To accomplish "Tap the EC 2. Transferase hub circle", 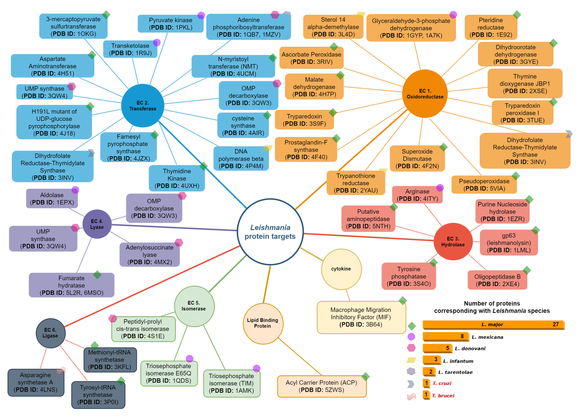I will coord(142,106).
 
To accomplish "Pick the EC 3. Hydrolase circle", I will coord(453,242).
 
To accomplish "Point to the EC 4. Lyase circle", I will coord(97,224).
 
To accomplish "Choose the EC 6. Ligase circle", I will coord(51,333).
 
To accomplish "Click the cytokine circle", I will coord(341,269).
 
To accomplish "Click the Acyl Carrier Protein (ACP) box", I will coord(321,386).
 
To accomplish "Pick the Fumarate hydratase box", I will coord(71,285).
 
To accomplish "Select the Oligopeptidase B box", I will coord(497,280).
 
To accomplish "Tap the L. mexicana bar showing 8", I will coord(445,336).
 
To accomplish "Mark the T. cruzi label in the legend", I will coord(442,383).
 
